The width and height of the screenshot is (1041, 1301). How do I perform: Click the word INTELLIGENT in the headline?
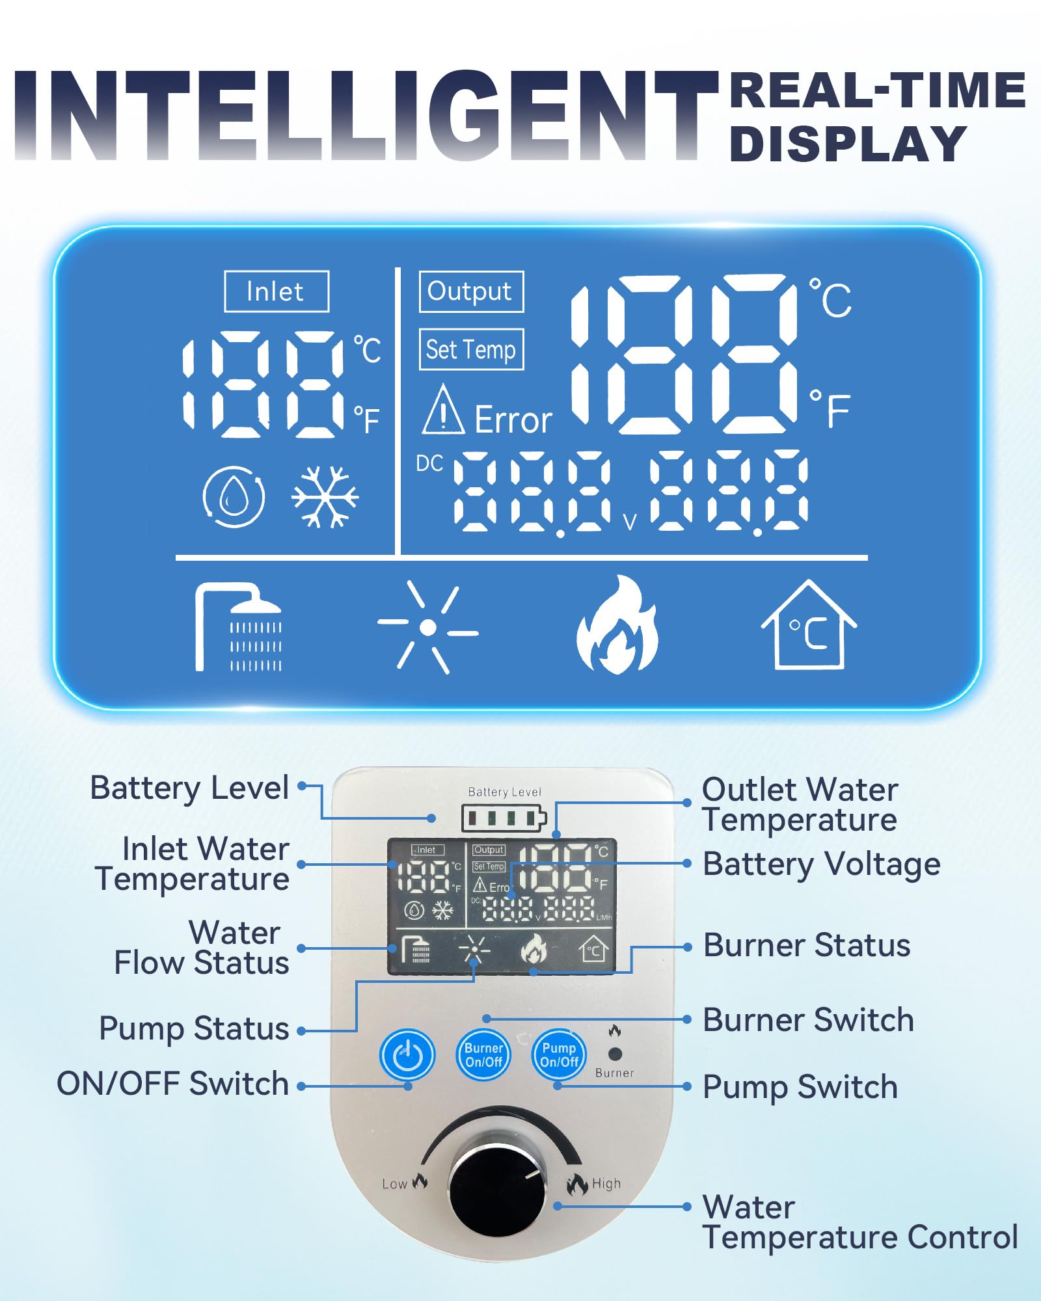(x=366, y=115)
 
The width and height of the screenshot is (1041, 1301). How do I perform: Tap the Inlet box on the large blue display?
(x=277, y=291)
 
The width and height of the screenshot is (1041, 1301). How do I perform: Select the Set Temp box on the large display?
(x=471, y=349)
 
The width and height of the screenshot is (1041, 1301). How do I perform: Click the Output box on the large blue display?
(x=471, y=291)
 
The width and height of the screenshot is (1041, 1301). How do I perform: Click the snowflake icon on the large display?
(x=325, y=496)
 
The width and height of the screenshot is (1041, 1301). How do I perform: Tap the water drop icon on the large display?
(x=234, y=496)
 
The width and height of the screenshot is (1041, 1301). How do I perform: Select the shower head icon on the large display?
(x=238, y=626)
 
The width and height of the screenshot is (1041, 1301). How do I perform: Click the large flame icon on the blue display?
(x=617, y=625)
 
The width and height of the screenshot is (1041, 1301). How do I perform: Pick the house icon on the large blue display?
(x=809, y=625)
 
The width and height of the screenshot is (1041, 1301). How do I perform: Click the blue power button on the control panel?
(x=407, y=1054)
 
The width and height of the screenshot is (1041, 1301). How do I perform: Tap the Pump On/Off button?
(x=559, y=1054)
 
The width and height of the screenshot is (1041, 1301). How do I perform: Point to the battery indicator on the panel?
(x=504, y=818)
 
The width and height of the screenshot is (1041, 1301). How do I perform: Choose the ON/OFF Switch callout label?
(x=172, y=1084)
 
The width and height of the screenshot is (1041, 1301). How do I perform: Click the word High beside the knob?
(x=606, y=1183)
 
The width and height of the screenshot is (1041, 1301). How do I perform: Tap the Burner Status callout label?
(x=807, y=945)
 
